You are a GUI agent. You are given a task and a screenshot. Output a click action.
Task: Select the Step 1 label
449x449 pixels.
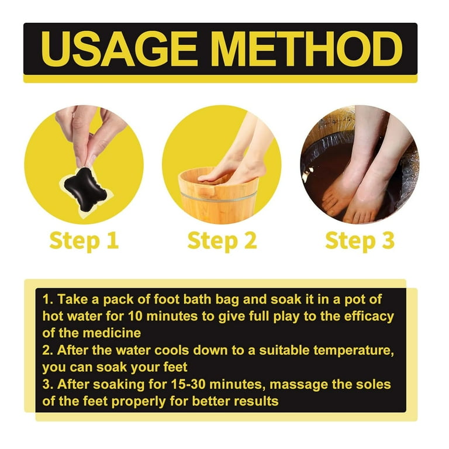(84, 241)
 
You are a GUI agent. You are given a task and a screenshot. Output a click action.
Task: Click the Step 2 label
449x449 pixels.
(222, 241)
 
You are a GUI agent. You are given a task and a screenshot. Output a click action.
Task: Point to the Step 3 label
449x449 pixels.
(360, 241)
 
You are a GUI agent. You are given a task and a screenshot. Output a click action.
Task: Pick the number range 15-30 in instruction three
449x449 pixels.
(188, 384)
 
